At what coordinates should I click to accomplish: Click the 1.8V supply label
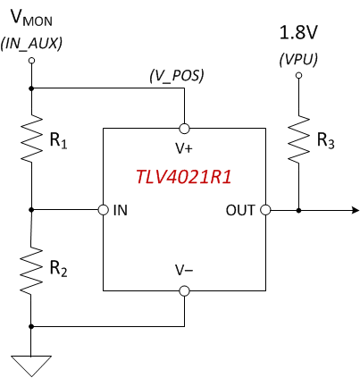point(298,33)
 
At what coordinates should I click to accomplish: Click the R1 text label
point(59,141)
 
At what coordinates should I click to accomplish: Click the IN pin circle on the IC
point(104,211)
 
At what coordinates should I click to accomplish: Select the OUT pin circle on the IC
point(265,211)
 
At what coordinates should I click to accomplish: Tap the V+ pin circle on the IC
point(184,127)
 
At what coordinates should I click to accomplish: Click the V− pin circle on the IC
point(184,290)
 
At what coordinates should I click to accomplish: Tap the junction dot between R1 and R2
point(31,211)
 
